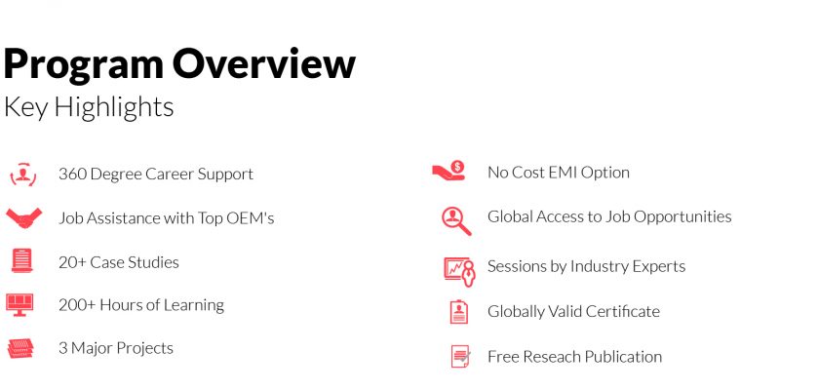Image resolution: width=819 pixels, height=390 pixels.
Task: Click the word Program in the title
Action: (83, 64)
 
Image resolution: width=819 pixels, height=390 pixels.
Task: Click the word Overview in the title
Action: (264, 63)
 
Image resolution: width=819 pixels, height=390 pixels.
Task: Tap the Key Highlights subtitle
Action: (89, 107)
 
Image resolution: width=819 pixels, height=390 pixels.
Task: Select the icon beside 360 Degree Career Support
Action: (23, 175)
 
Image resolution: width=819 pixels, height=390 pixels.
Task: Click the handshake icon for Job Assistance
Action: (23, 217)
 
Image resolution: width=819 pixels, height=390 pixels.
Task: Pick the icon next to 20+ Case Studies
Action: (21, 260)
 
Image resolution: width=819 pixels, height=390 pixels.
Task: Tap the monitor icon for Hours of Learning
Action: (19, 304)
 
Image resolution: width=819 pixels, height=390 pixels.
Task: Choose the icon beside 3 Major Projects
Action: (20, 348)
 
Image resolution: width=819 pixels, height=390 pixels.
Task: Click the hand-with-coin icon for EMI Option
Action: (448, 171)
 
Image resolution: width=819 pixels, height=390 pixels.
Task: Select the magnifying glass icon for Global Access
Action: (456, 221)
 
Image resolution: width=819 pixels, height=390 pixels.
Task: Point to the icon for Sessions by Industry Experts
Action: (459, 271)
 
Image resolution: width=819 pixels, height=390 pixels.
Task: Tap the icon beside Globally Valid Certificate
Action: (459, 312)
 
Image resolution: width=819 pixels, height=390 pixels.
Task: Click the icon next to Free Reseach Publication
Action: (460, 356)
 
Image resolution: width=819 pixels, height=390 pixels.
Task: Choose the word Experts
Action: (659, 267)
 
